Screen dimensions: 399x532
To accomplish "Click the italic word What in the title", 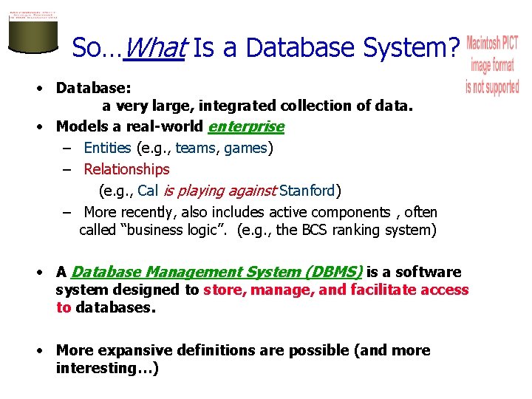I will coord(154,49).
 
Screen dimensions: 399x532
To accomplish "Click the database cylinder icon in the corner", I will coord(33,30).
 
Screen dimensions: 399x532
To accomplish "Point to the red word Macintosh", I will coord(492,44).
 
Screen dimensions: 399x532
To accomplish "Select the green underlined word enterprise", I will coord(246,126).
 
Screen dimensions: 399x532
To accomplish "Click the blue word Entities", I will coord(107,148).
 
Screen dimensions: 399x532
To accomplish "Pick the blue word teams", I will coord(196,148).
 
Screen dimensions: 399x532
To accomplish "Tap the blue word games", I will coord(245,148).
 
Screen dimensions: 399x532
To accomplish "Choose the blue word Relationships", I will coord(126,169).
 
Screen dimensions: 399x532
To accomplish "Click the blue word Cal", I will coord(148,191).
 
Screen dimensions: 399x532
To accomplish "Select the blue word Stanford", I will coord(307,191).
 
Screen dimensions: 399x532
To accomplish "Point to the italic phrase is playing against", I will coord(219,191).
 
